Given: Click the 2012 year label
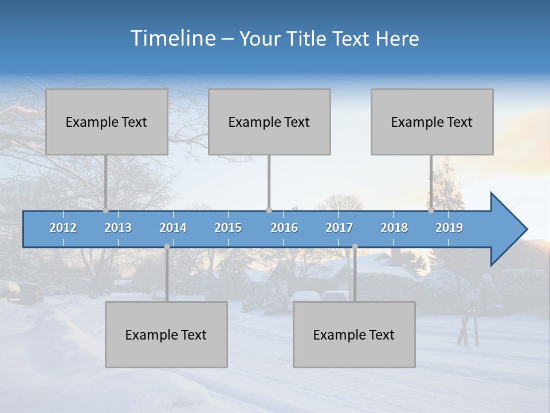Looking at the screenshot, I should coord(63,228).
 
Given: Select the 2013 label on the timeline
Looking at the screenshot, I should coord(118,228).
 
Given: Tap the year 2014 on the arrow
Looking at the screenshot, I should coord(173,228).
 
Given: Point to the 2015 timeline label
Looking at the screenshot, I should coord(228,228).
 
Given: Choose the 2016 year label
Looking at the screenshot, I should coord(284,228).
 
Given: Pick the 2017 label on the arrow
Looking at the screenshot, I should coord(339,228).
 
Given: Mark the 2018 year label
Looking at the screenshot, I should coord(394,228).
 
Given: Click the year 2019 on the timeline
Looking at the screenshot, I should coord(449,228).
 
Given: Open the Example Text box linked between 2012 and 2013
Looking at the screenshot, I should coord(107,122).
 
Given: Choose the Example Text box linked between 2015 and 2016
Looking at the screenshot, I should coord(269,122).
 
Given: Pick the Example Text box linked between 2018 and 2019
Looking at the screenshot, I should coord(432,122).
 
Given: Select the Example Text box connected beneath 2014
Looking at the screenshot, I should coord(166,335).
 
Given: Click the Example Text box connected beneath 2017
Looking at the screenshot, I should coord(354,335).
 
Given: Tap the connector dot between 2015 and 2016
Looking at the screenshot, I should coord(269,211).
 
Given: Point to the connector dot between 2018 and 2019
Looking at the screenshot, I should coord(431,211).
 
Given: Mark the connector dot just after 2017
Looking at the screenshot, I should coord(355,247).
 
